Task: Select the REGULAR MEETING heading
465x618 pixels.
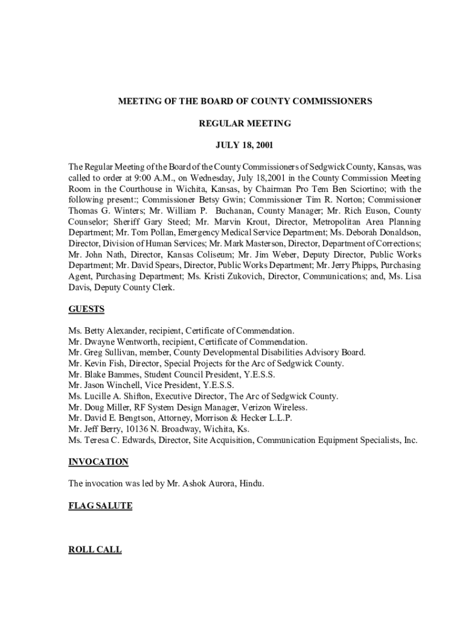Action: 245,124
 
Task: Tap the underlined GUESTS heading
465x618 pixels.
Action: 86,309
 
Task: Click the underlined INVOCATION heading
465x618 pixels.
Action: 98,462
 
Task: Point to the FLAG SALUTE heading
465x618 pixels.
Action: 100,506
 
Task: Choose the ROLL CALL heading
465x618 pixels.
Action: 95,550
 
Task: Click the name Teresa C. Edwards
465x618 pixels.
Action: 118,440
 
